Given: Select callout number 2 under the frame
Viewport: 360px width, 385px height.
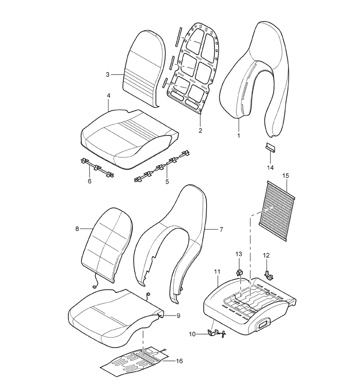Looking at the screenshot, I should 200,131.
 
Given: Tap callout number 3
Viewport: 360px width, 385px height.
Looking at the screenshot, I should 107,75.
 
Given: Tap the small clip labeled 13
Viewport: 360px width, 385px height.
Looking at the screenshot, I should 240,272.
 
